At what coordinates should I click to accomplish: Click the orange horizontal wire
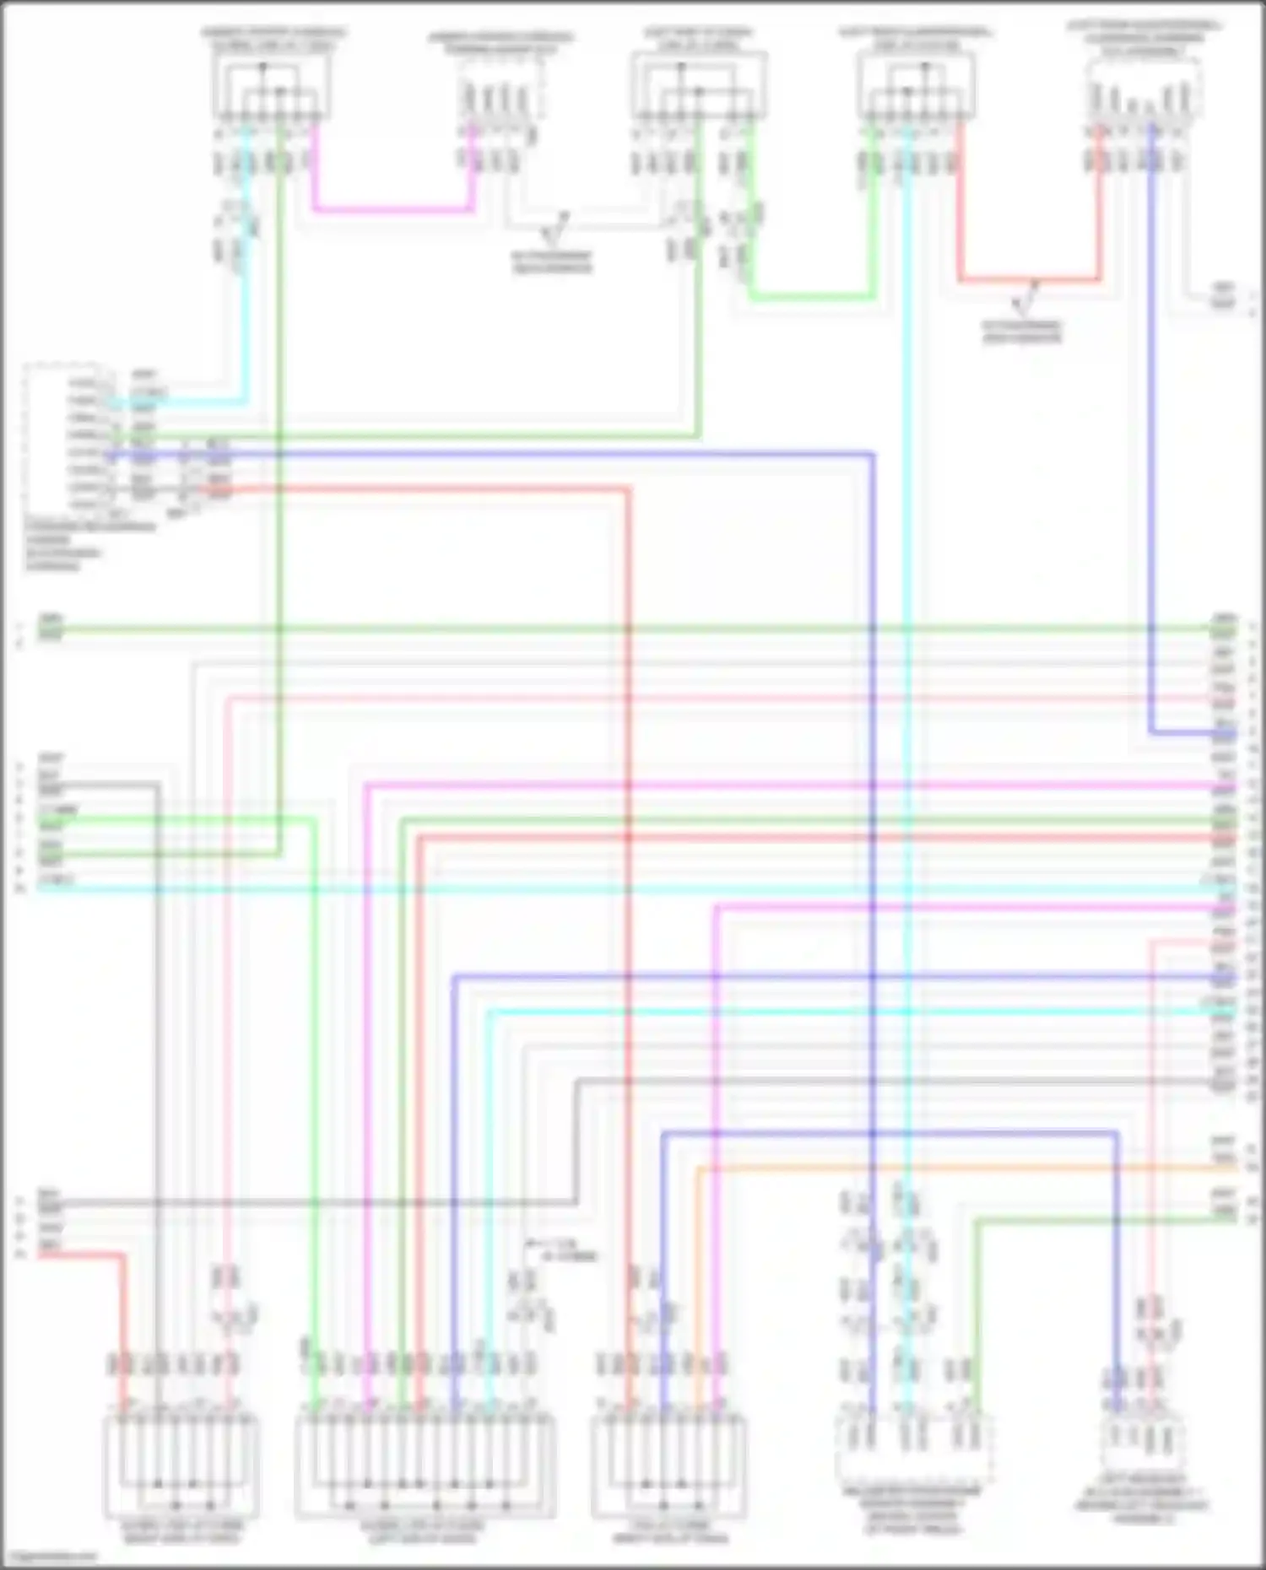point(954,1168)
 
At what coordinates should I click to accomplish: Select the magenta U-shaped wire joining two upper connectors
point(392,208)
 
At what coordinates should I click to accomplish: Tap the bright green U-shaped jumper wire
point(810,296)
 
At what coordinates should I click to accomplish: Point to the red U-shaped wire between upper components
point(1030,278)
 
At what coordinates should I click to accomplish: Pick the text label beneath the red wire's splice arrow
point(1021,331)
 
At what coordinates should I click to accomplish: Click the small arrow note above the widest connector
point(561,1249)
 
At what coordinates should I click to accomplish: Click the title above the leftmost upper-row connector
point(273,39)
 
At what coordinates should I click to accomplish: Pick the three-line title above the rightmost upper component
point(1144,39)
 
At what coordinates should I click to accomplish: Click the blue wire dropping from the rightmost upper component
point(1151,422)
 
